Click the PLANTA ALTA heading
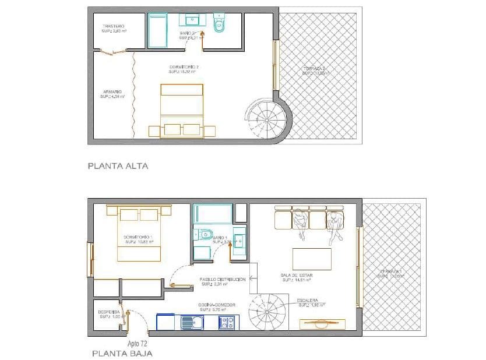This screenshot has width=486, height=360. click(118, 166)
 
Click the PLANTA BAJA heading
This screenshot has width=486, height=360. click(123, 354)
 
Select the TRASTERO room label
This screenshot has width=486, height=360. click(114, 27)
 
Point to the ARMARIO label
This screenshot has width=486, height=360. click(112, 92)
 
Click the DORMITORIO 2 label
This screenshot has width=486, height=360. click(184, 68)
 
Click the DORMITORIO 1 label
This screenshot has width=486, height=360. click(138, 238)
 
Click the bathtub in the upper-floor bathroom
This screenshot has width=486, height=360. click(157, 31)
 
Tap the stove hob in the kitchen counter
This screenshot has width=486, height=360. click(227, 322)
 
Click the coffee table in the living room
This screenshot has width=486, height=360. click(312, 259)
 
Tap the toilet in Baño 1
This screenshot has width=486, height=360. click(205, 234)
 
